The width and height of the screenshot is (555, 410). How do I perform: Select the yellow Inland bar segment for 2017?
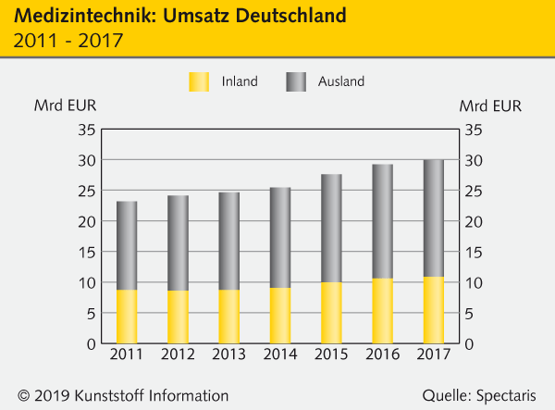coord(434,310)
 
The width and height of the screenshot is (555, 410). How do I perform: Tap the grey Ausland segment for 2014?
coord(280,238)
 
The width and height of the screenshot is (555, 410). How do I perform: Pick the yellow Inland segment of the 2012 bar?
coord(178,317)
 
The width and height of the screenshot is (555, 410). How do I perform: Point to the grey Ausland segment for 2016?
coord(382,221)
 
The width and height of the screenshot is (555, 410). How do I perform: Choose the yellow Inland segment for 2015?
coord(331,313)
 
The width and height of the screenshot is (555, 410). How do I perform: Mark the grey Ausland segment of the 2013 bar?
coord(228,241)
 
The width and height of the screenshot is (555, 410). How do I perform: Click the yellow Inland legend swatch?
coord(200,81)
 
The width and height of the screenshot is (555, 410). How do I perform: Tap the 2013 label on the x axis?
coord(228,355)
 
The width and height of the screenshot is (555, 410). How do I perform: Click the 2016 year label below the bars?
coord(382,355)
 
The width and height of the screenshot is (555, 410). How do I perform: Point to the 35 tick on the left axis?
coord(85,130)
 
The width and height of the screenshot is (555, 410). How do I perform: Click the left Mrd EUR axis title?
coord(64,105)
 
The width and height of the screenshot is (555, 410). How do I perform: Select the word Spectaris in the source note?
coord(507,395)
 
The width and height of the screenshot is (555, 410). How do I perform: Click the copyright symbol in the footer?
coord(22,395)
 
